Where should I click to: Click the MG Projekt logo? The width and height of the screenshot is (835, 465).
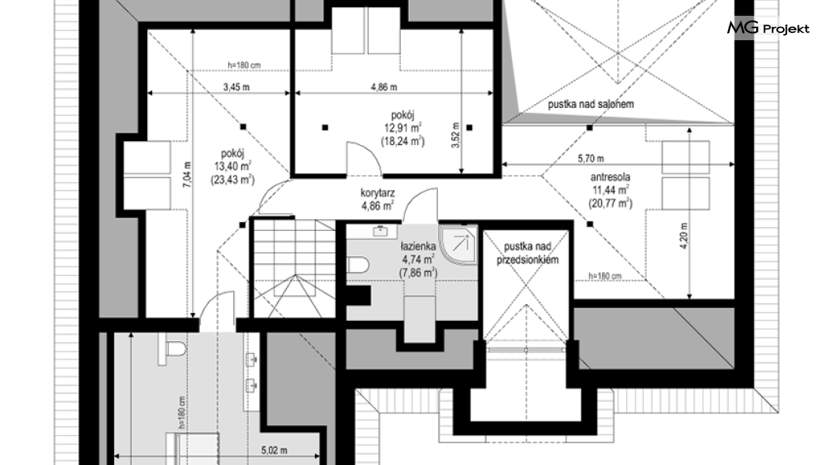[x=768, y=28]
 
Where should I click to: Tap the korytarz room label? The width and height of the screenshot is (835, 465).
[x=377, y=193]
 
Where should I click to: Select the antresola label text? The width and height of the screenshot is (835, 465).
[x=610, y=177]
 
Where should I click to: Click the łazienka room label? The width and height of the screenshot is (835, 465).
[x=418, y=246]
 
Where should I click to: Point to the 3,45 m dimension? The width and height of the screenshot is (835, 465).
[x=236, y=87]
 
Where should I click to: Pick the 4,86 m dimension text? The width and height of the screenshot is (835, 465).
[x=384, y=87]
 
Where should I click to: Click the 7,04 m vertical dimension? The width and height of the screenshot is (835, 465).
[x=186, y=174]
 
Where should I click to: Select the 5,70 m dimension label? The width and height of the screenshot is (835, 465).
[x=591, y=158]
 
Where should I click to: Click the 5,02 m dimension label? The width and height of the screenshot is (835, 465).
[x=274, y=450]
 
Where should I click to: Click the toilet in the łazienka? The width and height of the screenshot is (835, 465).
[x=358, y=264]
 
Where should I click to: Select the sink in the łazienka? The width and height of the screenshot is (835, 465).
[x=380, y=231]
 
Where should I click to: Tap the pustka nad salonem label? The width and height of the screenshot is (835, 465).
[x=591, y=104]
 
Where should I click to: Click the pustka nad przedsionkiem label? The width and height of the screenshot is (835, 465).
[x=528, y=253]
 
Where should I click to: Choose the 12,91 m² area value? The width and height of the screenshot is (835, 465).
[x=403, y=128]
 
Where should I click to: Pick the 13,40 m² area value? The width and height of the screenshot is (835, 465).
[x=232, y=167]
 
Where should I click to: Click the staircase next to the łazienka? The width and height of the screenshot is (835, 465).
[x=293, y=269]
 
